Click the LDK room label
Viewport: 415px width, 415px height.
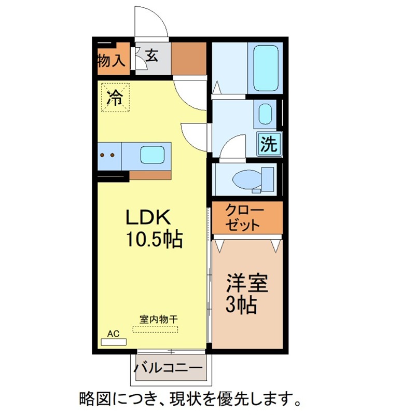pyautogui.click(x=148, y=217)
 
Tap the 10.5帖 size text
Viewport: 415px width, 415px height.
pyautogui.click(x=155, y=239)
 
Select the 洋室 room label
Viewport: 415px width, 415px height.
pyautogui.click(x=247, y=283)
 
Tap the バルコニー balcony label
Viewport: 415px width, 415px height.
pyautogui.click(x=168, y=368)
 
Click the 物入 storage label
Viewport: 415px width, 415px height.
pyautogui.click(x=112, y=61)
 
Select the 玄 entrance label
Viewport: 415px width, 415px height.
pyautogui.click(x=152, y=56)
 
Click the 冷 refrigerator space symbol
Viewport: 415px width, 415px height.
pyautogui.click(x=115, y=98)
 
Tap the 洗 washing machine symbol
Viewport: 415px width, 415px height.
pyautogui.click(x=269, y=144)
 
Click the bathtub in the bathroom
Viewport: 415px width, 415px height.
pyautogui.click(x=266, y=68)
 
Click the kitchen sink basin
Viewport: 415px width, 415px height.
pyautogui.click(x=153, y=155)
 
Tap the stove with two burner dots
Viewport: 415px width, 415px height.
pyautogui.click(x=109, y=156)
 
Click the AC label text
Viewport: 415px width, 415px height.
pyautogui.click(x=113, y=334)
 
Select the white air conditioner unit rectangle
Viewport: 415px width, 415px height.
pyautogui.click(x=114, y=342)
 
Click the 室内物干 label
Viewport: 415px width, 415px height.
pyautogui.click(x=159, y=320)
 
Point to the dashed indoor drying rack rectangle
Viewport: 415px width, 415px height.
pyautogui.click(x=155, y=329)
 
